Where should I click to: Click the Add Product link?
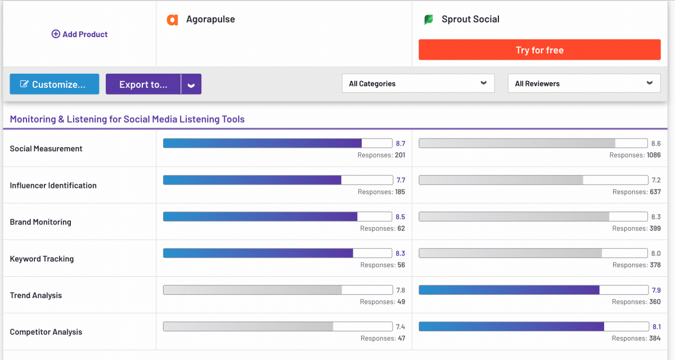tap(79, 34)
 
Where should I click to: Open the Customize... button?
tap(54, 84)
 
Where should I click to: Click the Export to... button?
tap(143, 84)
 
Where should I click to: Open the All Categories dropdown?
tap(418, 83)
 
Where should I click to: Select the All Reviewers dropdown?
tap(584, 83)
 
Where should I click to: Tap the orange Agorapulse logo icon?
tap(172, 20)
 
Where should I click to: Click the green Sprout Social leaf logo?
tap(429, 20)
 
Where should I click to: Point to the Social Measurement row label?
tap(46, 148)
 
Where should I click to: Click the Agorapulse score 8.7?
tap(400, 143)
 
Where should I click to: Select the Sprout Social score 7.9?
tap(656, 290)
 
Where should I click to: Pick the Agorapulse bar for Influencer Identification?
tap(277, 180)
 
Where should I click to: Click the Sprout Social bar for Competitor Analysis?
tap(533, 326)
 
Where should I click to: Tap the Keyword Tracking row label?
tap(42, 259)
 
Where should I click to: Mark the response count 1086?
tap(654, 155)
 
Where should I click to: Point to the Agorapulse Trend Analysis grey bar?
tap(277, 290)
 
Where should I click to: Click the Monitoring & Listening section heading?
tap(127, 119)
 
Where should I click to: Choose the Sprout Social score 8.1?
tap(656, 327)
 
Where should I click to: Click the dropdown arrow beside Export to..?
tap(191, 84)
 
